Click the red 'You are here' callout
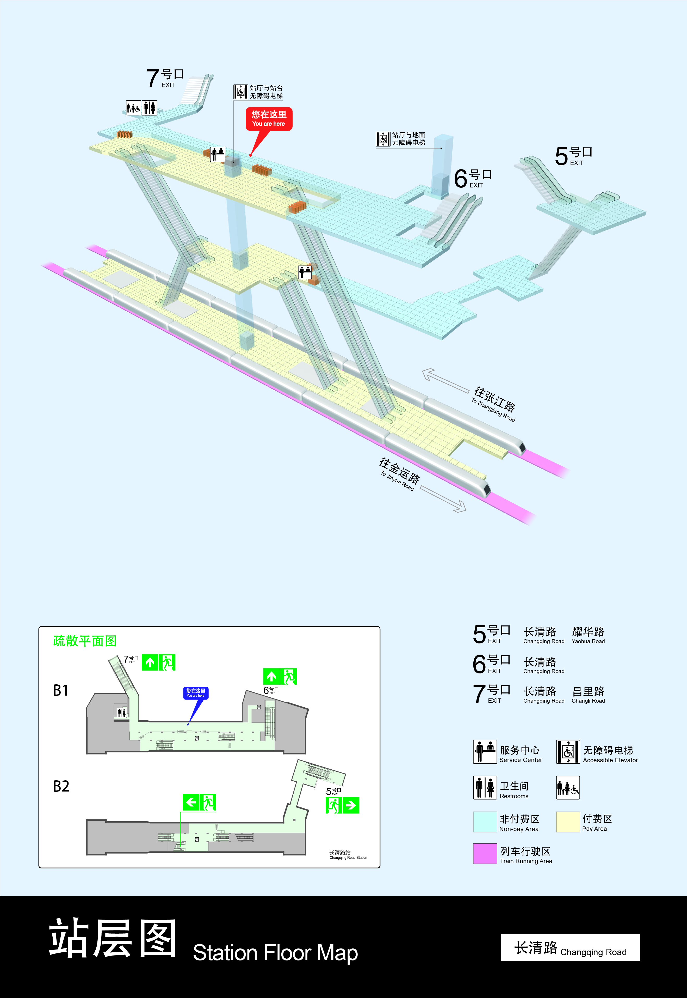269,118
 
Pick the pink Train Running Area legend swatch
485,853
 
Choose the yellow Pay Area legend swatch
568,822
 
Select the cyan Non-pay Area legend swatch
485,822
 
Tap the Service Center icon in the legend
485,752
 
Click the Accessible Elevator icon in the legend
568,752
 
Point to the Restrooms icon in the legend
485,787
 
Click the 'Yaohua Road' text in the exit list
588,635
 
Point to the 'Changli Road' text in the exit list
588,695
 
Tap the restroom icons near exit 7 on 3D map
141,108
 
